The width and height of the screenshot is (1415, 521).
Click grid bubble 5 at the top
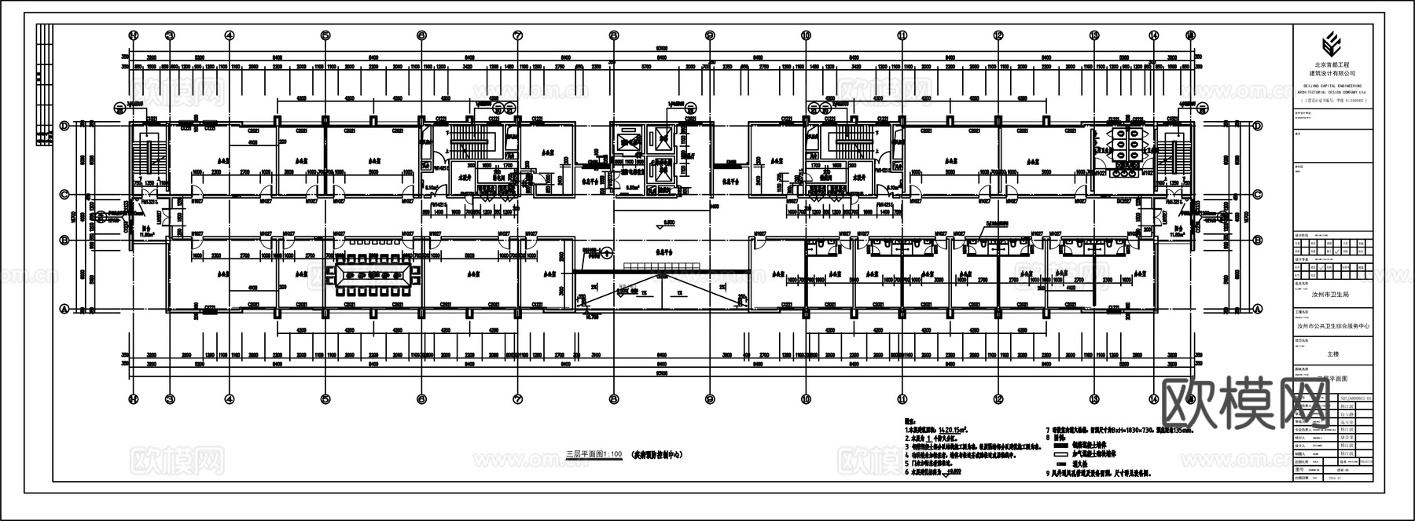point(325,35)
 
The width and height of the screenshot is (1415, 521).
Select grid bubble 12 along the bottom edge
point(998,399)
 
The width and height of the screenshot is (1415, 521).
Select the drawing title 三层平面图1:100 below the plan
point(594,453)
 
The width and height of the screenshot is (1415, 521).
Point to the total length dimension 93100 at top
point(662,50)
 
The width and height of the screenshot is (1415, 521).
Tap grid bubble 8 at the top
point(614,35)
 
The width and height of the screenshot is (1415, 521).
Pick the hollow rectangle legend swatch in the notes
point(1059,454)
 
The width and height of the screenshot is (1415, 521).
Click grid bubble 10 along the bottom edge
point(806,399)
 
